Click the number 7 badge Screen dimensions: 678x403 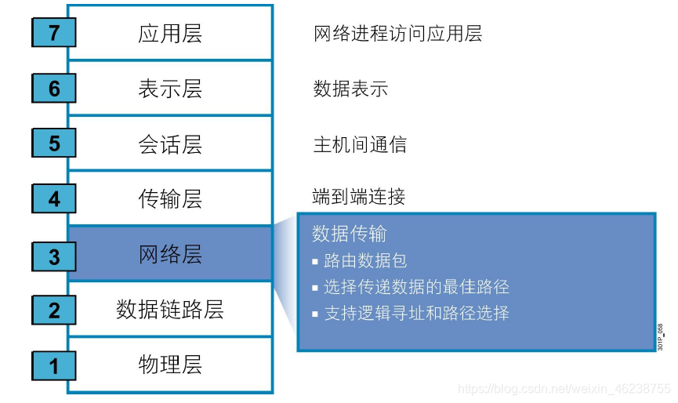tap(54, 33)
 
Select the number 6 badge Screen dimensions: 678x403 tap(54, 89)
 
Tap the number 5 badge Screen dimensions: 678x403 tap(54, 144)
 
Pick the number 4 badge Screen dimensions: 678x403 tap(54, 199)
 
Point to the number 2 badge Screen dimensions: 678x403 tap(54, 310)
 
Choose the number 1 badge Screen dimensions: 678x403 tap(54, 365)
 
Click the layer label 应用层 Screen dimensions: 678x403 tap(170, 33)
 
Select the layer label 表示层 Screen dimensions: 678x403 tap(170, 89)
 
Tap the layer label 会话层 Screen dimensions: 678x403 tap(170, 144)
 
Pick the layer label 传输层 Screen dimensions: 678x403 tap(170, 199)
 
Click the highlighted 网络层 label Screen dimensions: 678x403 tap(170, 254)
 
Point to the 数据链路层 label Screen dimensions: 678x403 tap(170, 310)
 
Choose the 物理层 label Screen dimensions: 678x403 tap(170, 365)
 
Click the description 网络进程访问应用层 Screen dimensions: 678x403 tap(397, 33)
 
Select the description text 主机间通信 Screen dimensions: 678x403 tap(360, 144)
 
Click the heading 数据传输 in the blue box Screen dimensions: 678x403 tap(349, 234)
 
